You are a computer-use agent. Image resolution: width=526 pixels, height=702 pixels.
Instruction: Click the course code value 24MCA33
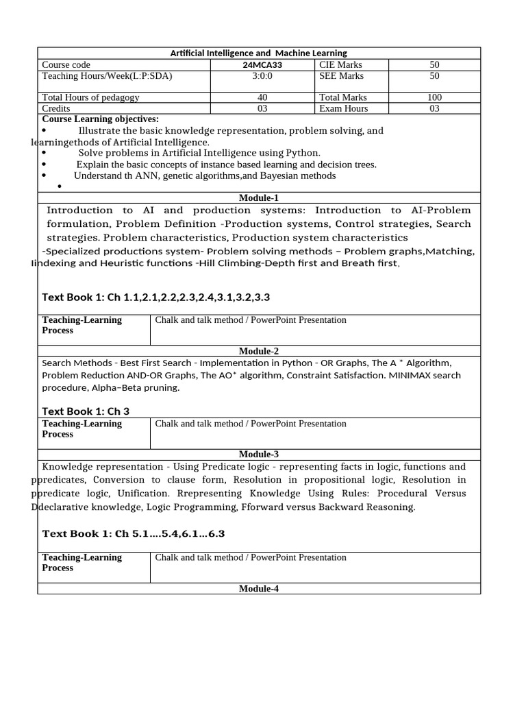[259, 64]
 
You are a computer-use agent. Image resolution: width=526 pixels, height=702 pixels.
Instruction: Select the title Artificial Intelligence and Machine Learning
[258, 53]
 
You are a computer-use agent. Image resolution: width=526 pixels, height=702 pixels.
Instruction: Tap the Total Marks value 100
[435, 97]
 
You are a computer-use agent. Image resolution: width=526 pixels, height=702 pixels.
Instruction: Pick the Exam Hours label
[344, 108]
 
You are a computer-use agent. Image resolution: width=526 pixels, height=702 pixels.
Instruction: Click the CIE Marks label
[341, 64]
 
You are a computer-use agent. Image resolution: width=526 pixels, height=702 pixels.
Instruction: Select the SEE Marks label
[342, 75]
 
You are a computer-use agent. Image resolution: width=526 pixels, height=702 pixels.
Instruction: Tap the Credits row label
[57, 108]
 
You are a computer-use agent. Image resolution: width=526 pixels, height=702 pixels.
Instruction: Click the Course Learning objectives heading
[101, 119]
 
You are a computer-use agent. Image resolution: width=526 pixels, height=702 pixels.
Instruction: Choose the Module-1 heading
[259, 197]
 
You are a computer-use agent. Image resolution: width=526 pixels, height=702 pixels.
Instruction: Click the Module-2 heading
[259, 351]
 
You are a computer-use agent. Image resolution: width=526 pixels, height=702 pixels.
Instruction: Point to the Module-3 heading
[259, 454]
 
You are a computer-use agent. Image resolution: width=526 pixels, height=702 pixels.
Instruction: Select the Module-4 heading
[259, 588]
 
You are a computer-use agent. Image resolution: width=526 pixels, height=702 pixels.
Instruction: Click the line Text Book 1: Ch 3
[86, 411]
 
